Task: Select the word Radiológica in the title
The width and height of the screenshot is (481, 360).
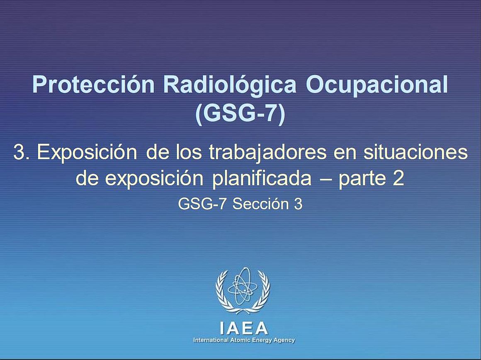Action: coord(230,85)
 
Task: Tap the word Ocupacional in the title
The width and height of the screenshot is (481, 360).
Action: coord(377,85)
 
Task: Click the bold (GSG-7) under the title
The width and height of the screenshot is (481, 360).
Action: coord(240,114)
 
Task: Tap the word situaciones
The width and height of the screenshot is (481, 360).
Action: coord(415,152)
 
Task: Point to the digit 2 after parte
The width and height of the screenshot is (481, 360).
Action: coord(398,178)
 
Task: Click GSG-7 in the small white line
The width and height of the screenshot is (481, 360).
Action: coord(202,204)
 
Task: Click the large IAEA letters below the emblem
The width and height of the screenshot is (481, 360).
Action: coord(244,328)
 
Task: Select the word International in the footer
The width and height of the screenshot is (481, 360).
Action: coord(211,340)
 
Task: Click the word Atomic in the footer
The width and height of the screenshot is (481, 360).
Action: coord(238,340)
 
